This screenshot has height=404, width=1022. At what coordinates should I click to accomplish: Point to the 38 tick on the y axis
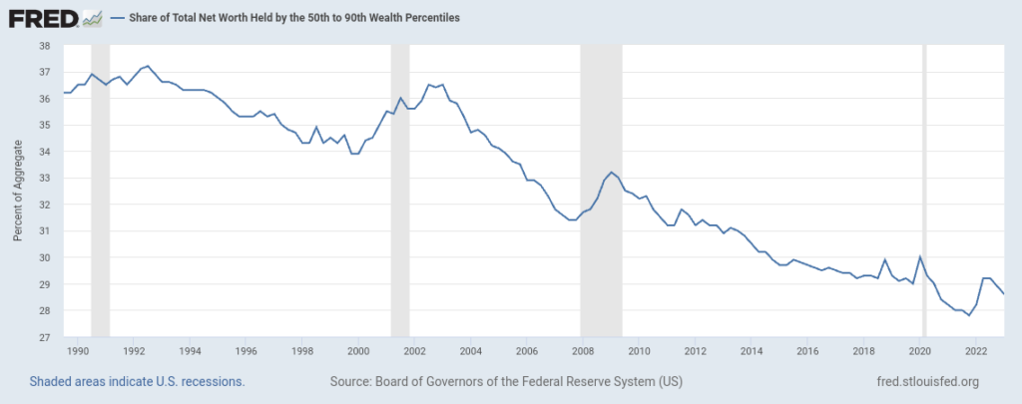[44, 46]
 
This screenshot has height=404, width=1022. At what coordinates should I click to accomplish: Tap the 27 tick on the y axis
[44, 337]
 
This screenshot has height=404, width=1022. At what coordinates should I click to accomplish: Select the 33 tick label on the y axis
[44, 179]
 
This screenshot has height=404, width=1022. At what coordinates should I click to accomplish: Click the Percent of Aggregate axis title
[17, 191]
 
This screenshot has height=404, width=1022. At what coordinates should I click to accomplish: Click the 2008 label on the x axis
[583, 351]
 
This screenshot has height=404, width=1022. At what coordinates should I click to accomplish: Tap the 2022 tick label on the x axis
[976, 351]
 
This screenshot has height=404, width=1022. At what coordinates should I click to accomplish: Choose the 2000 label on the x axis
[359, 351]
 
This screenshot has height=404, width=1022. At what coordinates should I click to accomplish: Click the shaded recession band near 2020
[923, 191]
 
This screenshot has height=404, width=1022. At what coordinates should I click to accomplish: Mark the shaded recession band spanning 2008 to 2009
[601, 191]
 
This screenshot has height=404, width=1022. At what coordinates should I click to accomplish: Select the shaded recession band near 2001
[400, 191]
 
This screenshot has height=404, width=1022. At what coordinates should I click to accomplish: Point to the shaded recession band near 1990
[100, 191]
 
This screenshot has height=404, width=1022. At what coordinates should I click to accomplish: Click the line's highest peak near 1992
[149, 66]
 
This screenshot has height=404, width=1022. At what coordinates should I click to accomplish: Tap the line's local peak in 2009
[611, 173]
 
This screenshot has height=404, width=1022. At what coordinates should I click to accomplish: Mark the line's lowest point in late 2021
[968, 315]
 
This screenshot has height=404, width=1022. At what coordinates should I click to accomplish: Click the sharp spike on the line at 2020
[919, 256]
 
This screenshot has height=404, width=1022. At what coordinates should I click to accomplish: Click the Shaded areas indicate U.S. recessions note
[137, 382]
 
